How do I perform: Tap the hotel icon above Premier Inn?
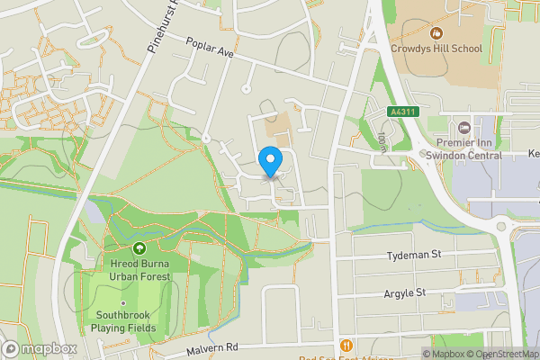464,128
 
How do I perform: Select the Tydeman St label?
414,256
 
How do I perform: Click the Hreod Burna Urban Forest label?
139,269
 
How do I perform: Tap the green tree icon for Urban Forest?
139,247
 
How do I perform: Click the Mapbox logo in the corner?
40,348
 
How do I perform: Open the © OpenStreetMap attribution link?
501,354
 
